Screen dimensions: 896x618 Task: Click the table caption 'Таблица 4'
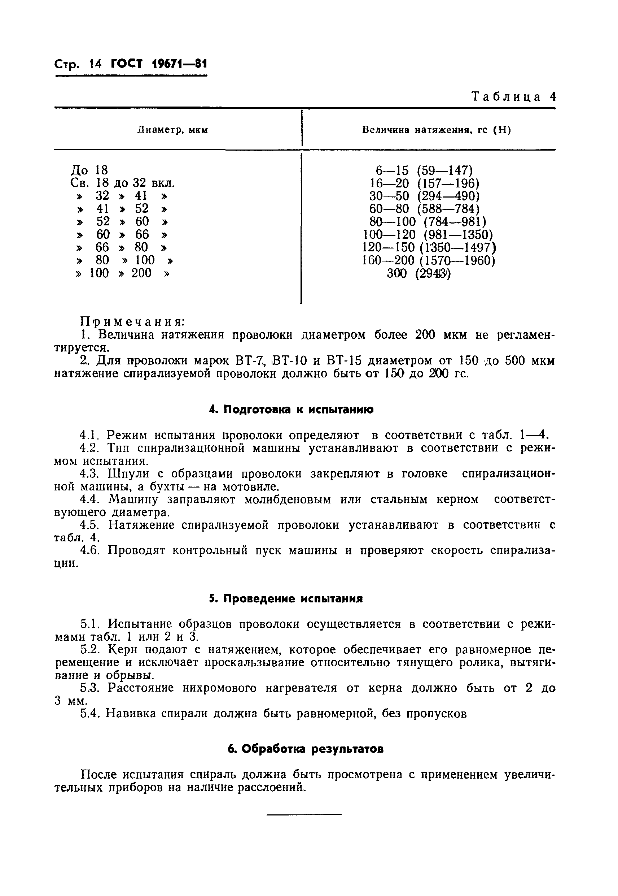(513, 96)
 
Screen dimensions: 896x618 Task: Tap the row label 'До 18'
(89, 170)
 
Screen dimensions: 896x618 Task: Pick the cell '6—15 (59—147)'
(424, 170)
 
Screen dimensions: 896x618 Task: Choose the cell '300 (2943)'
(419, 274)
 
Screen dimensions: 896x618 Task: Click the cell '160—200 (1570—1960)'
(429, 260)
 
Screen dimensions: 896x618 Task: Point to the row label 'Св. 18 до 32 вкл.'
(123, 183)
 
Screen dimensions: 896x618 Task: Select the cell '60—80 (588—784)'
(424, 209)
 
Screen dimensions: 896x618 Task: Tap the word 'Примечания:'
(132, 322)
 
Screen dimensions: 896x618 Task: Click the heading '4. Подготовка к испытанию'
(291, 410)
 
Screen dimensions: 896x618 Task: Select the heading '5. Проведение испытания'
(286, 599)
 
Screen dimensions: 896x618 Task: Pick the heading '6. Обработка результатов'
(306, 749)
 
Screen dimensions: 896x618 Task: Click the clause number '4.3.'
(90, 474)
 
